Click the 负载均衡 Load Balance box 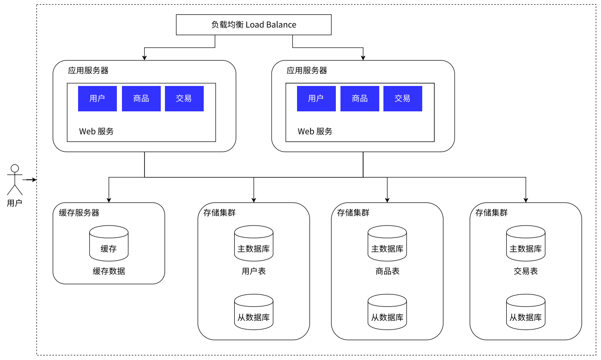click(254, 24)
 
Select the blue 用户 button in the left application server click(97, 98)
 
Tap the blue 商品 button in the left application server click(141, 98)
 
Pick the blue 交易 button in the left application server click(184, 98)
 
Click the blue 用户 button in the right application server click(316, 98)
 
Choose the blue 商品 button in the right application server click(359, 98)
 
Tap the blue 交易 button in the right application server click(402, 98)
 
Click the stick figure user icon click(15, 179)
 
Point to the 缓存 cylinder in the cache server click(109, 244)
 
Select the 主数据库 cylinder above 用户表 click(254, 244)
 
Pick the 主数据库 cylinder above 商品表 click(387, 244)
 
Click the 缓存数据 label click(109, 271)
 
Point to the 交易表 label click(526, 271)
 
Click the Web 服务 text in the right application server click(315, 131)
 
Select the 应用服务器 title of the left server click(88, 71)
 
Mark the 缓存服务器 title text click(79, 213)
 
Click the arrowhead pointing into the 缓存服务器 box click(109, 200)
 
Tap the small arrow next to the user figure click(30, 179)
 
